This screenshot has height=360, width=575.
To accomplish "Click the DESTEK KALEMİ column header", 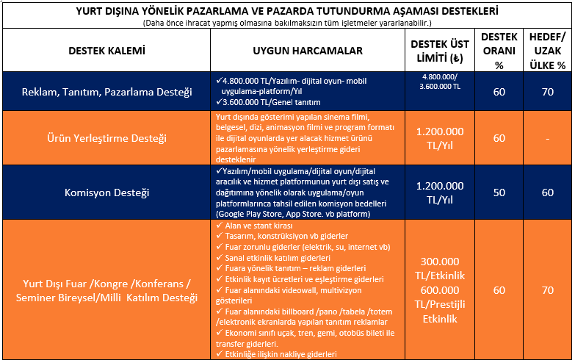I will [x=106, y=51].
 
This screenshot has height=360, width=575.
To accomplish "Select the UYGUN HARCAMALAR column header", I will [x=308, y=51].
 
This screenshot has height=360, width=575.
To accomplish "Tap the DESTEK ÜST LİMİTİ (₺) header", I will [x=439, y=51].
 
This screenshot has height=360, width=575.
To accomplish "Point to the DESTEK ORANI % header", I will [x=499, y=51].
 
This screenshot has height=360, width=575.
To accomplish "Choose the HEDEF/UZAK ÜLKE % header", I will [x=547, y=51].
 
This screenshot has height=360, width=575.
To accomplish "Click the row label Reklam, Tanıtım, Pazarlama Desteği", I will [x=106, y=92].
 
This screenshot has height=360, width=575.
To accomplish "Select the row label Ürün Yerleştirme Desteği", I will [x=106, y=138].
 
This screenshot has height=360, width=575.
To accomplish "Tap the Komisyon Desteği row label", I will [x=106, y=192].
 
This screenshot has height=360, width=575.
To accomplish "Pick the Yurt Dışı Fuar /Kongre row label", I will [x=106, y=291].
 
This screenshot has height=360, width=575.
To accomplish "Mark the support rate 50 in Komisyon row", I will [x=499, y=192].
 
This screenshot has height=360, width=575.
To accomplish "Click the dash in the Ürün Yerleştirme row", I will [x=547, y=138].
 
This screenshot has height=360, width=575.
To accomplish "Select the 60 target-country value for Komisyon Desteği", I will [x=547, y=192].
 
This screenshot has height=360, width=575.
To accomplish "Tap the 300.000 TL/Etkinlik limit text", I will [x=439, y=269].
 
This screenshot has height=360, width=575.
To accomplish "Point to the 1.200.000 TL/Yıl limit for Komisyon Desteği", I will [x=439, y=192].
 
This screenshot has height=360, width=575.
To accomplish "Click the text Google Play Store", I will [x=250, y=213].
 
